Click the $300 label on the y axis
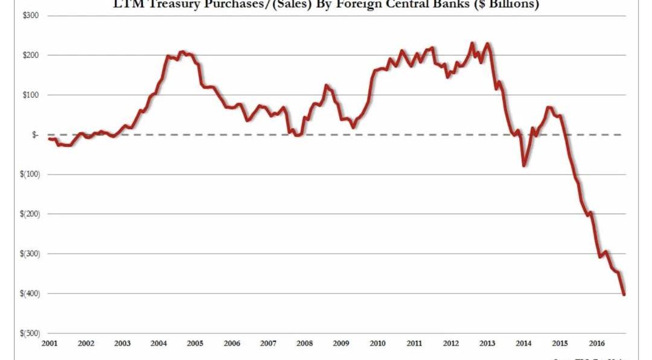coord(31,15)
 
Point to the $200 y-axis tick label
coord(31,55)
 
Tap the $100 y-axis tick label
coord(31,95)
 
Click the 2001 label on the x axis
coord(50,344)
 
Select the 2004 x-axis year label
coord(159,344)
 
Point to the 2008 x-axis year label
coord(305,344)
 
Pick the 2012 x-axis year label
coord(451,344)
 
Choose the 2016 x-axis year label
coord(596,344)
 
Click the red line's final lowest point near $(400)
coord(624,294)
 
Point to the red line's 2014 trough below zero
coord(523,166)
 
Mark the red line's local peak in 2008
coord(327,85)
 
